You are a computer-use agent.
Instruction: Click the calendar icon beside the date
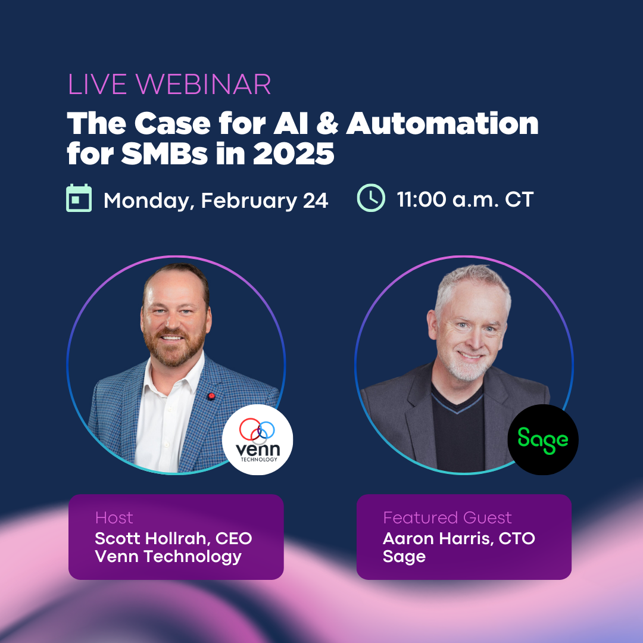79,198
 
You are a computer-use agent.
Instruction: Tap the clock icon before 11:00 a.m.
371,198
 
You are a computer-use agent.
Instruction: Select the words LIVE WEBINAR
169,85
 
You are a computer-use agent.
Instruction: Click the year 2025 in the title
293,154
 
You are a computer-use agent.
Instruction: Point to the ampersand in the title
327,123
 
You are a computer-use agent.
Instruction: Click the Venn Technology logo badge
258,439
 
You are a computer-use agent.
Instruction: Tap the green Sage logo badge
543,439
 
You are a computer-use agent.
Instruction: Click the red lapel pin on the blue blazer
211,396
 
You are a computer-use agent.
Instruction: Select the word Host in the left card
114,517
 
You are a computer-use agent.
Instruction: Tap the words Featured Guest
447,517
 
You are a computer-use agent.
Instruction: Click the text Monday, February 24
216,201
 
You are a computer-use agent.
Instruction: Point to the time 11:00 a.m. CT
465,199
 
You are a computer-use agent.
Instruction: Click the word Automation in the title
442,123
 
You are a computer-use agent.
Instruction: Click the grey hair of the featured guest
472,283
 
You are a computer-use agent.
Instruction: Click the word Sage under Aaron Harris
404,557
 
